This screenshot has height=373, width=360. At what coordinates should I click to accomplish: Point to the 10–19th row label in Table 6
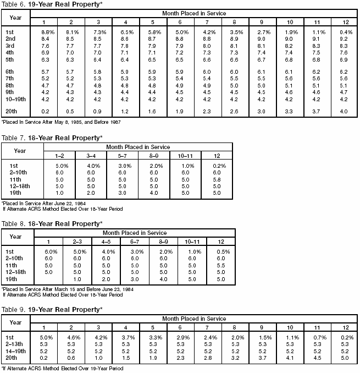coord(18,100)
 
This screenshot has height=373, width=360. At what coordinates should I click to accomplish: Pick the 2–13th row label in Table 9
coord(18,343)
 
